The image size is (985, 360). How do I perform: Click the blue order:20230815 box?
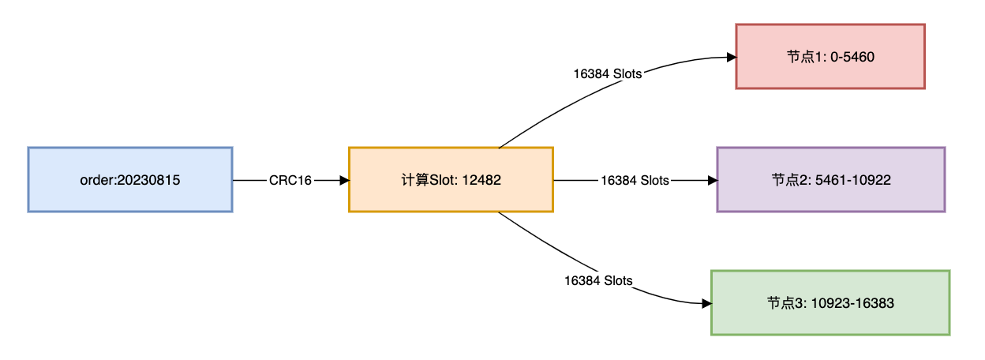click(x=129, y=179)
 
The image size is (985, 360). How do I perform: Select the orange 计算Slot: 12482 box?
click(x=451, y=179)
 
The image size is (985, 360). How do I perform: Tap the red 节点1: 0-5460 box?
click(x=830, y=56)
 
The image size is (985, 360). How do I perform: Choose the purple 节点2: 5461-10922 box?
click(x=830, y=179)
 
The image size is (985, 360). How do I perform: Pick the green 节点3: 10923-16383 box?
click(x=830, y=302)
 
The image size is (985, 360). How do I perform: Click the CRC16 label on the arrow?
click(x=290, y=180)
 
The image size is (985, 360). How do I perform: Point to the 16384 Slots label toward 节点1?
click(x=608, y=74)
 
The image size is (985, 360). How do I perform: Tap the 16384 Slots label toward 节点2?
click(x=635, y=180)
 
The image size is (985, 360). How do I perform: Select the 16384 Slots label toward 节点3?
click(x=598, y=280)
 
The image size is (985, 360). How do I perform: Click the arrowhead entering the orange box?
click(x=344, y=180)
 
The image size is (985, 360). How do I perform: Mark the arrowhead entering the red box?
click(x=731, y=57)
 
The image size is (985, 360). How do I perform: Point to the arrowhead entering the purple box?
click(x=712, y=180)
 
